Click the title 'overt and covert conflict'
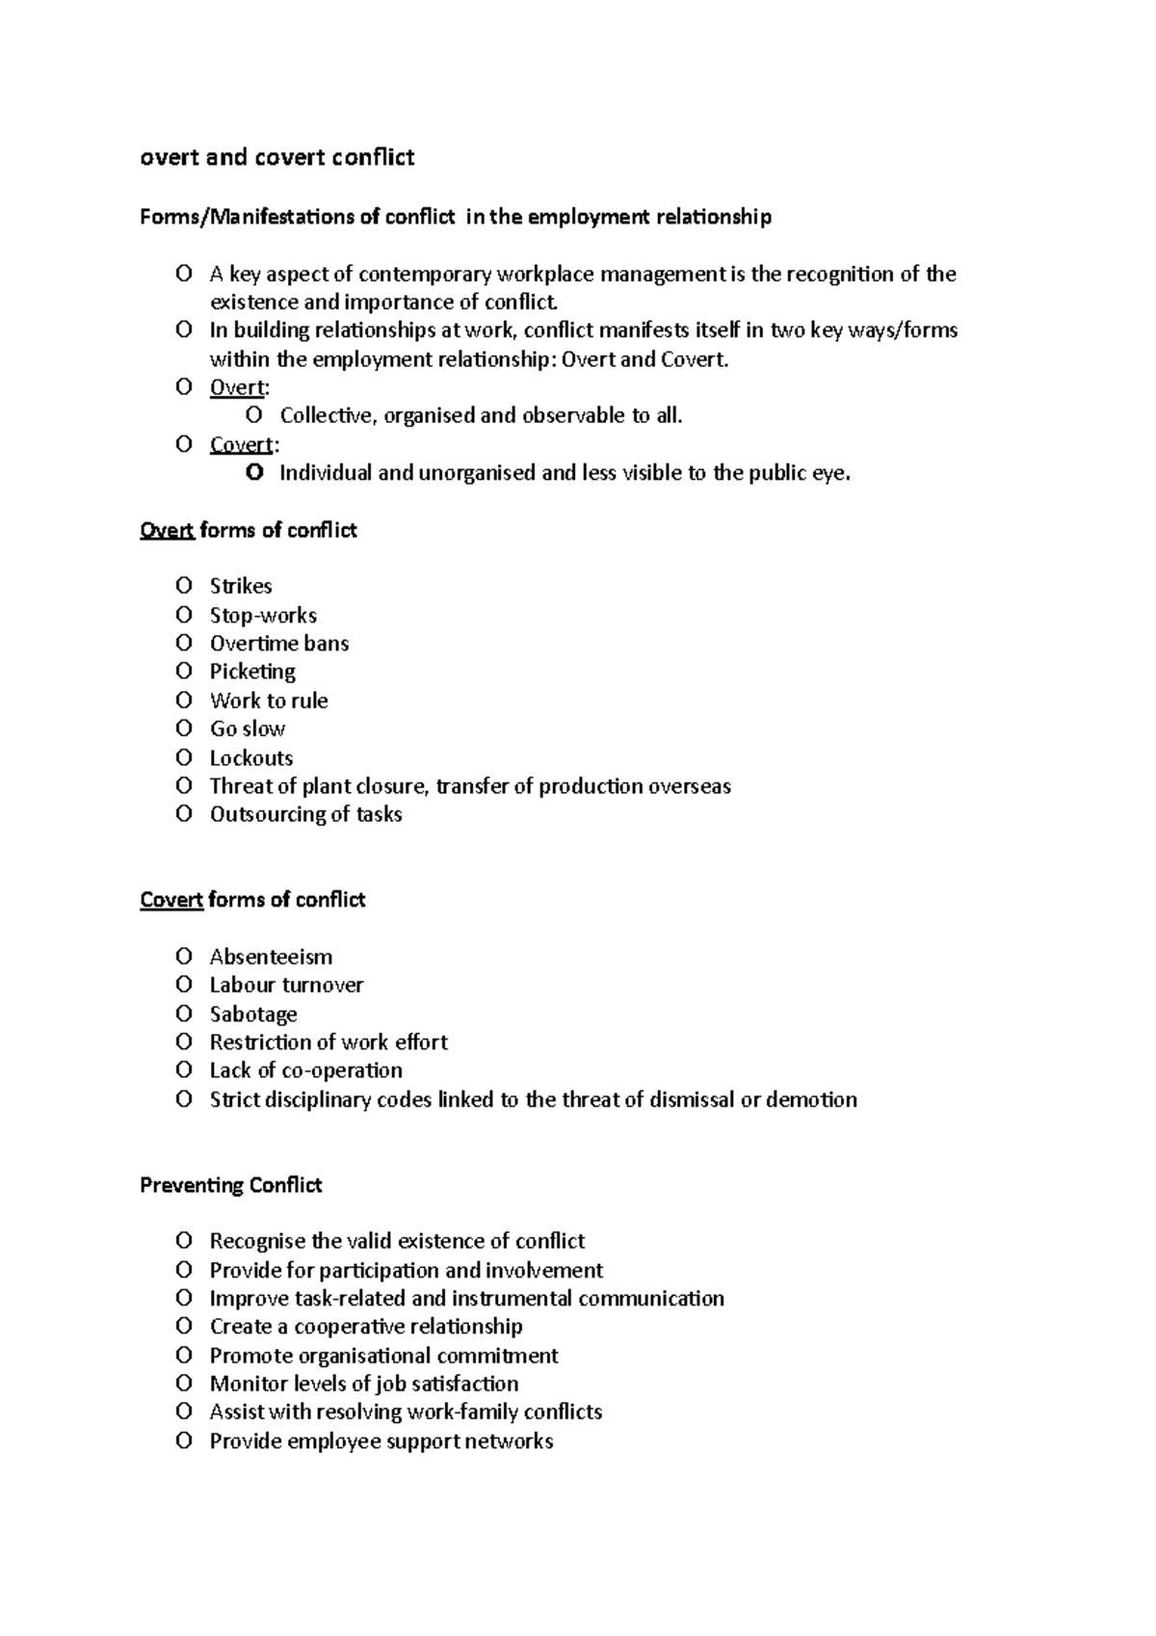pos(277,157)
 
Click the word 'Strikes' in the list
pos(241,586)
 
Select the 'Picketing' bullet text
pos(252,672)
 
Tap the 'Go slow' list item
pos(248,728)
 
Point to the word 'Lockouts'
pos(251,757)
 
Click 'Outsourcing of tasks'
pos(305,814)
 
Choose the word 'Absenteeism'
pos(271,957)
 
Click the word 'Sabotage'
pos(253,1014)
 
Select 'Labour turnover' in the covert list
pos(286,985)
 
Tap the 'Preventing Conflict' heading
pos(230,1185)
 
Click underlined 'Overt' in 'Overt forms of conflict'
pos(168,530)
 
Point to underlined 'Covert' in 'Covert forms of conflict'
pos(171,900)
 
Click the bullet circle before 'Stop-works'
pos(184,614)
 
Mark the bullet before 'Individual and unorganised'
pos(254,472)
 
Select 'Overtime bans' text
pos(279,643)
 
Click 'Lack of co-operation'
pos(305,1070)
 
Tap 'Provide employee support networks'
pos(381,1441)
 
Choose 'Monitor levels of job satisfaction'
pos(364,1384)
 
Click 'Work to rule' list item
pos(269,700)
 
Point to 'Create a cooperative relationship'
pos(366,1327)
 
